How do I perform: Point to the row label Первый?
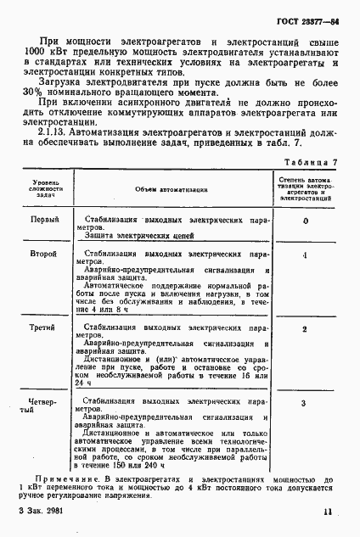coord(44,220)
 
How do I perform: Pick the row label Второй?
coord(44,254)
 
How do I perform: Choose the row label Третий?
coord(44,327)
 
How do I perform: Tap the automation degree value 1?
coord(305,255)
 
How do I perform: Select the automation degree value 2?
coord(305,328)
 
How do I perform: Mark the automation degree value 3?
coord(305,401)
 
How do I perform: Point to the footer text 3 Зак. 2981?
coord(40,512)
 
